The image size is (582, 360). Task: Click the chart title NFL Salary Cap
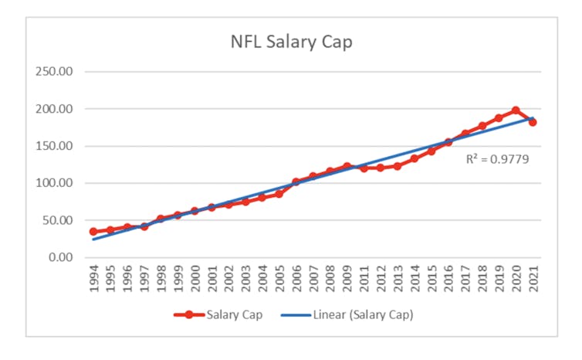(x=291, y=42)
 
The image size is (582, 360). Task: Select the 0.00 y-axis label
(x=59, y=257)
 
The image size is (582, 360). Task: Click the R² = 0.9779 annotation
(x=497, y=160)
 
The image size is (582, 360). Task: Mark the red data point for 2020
(x=516, y=110)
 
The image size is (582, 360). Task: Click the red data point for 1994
(x=93, y=232)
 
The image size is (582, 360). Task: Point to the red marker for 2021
(x=533, y=122)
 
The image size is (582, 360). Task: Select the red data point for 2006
(x=296, y=182)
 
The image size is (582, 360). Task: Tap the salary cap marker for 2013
(x=398, y=166)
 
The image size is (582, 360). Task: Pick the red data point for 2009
(x=347, y=166)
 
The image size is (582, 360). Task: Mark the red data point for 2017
(x=465, y=134)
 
